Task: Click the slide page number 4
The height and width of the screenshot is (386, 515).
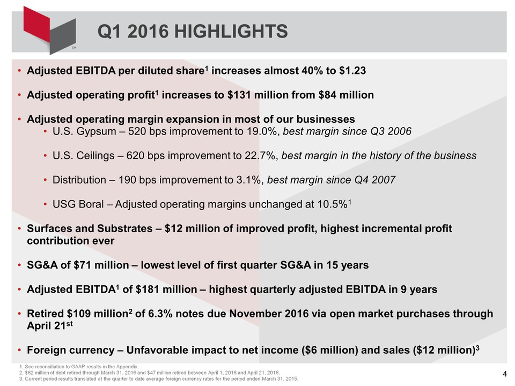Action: coord(504,373)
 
